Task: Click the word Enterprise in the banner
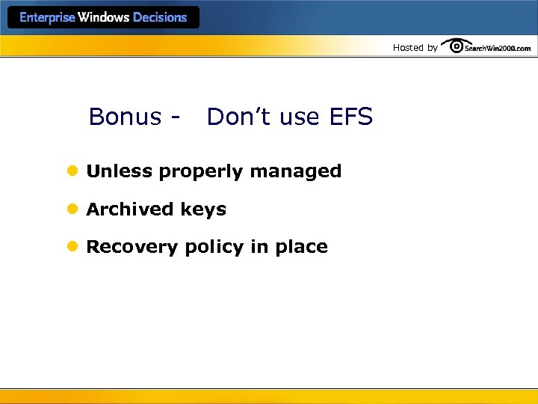point(47,18)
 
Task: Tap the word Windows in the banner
point(104,18)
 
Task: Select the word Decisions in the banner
point(160,18)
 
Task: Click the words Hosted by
point(415,48)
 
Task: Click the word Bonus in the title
point(125,117)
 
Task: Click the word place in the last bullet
point(301,248)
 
